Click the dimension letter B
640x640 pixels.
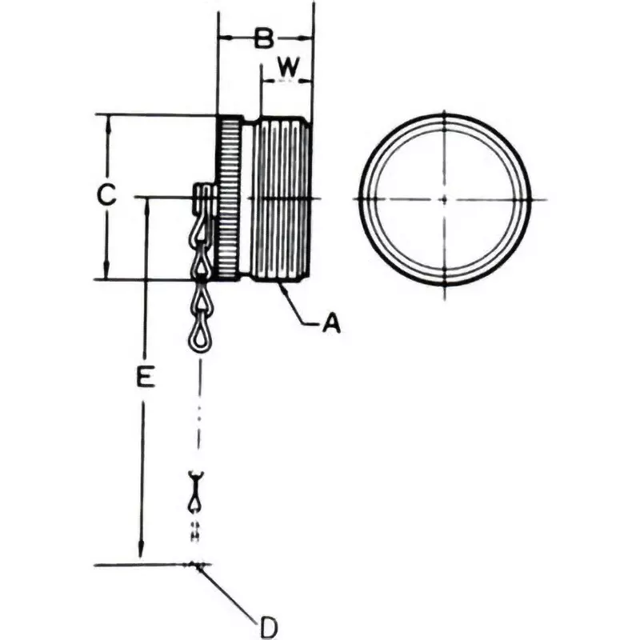coord(265,38)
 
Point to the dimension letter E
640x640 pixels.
coord(145,377)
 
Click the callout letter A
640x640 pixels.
coord(331,323)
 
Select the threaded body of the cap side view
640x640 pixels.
coord(280,200)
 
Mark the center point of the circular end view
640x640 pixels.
coord(444,198)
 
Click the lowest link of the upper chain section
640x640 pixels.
coord(200,335)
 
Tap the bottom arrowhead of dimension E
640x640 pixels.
coord(142,554)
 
